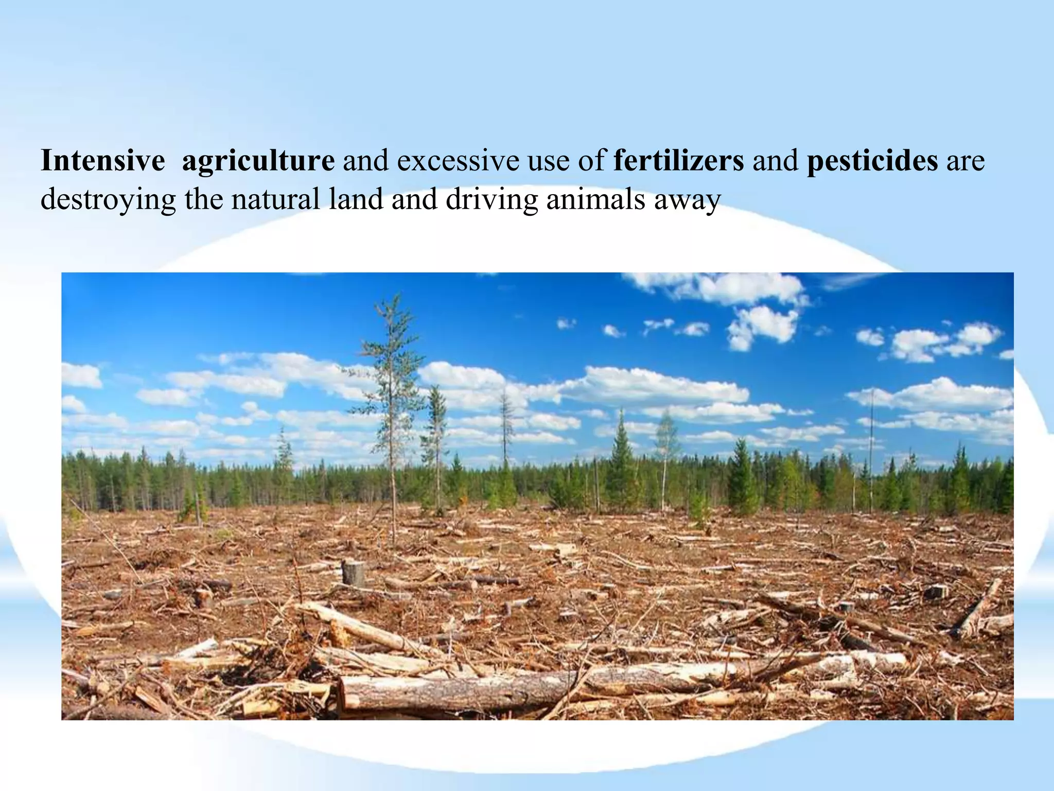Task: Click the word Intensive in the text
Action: (x=102, y=161)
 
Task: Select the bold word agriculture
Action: (x=258, y=161)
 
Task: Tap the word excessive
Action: (x=458, y=161)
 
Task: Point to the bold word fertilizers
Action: (x=678, y=161)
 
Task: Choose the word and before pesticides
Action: (x=775, y=161)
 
